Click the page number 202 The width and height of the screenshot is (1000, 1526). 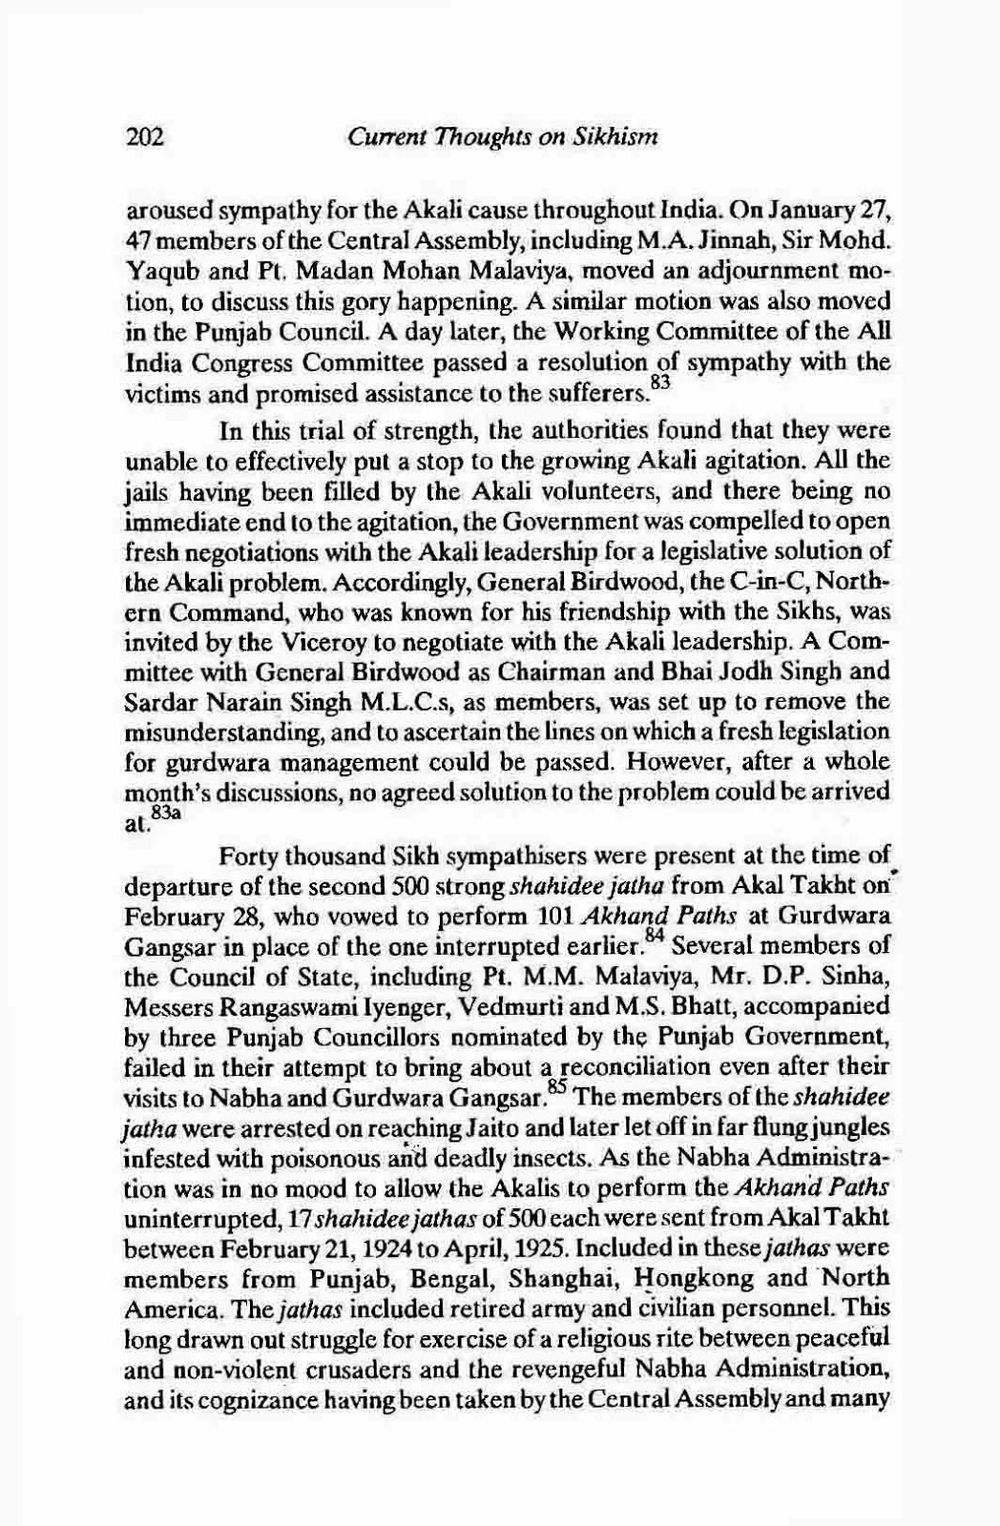pos(145,138)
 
